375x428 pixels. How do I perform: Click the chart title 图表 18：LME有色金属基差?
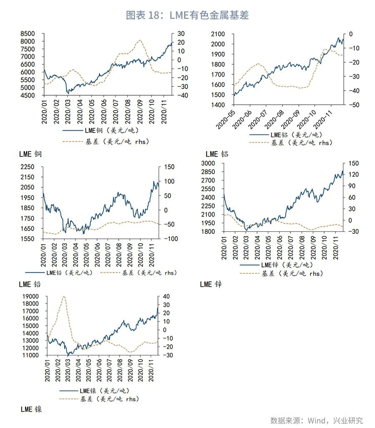(x=187, y=15)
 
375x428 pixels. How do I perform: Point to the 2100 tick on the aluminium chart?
(x=218, y=34)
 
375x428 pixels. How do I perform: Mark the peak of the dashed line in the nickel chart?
(x=64, y=296)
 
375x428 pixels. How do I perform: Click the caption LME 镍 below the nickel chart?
(x=31, y=409)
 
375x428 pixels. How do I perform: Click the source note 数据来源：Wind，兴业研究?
(x=317, y=420)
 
